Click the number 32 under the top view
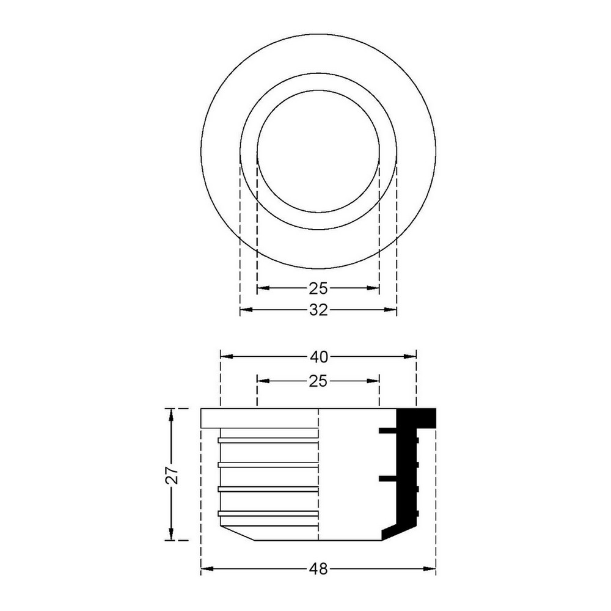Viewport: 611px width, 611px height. pos(318,310)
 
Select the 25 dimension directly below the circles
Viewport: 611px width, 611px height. pos(318,288)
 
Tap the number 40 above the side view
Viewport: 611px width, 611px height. pos(319,357)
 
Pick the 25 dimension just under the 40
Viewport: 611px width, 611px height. pos(318,381)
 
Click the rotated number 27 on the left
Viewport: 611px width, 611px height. pos(172,475)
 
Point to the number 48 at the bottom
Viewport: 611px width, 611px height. pos(318,569)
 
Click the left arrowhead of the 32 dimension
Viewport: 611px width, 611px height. pos(246,310)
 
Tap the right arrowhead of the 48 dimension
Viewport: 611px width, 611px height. pos(430,569)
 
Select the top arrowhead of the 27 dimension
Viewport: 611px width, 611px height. pos(170,415)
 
